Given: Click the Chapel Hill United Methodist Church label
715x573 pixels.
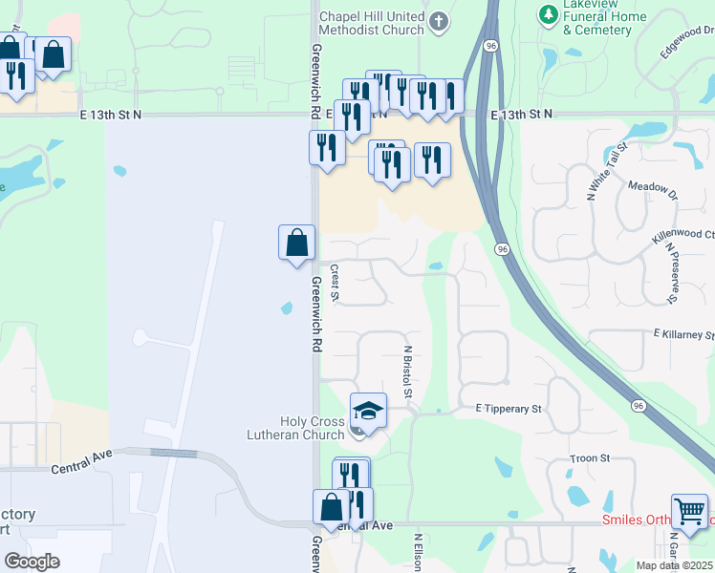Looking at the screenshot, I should [x=371, y=24].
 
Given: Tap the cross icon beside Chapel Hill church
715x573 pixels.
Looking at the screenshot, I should [x=439, y=21].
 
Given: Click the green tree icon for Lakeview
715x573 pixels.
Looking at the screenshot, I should [x=548, y=14].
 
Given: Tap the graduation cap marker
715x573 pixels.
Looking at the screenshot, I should [x=369, y=411].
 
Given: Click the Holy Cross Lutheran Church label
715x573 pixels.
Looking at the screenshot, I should [x=312, y=428].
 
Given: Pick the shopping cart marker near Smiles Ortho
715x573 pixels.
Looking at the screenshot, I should [x=689, y=511].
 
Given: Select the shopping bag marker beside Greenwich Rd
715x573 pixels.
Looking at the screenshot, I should [x=297, y=243].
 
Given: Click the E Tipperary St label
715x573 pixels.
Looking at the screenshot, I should [x=509, y=409].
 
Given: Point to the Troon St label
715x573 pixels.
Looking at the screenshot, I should [x=590, y=459].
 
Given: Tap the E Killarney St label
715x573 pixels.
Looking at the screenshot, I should [x=683, y=335].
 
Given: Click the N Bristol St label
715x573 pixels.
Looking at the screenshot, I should [x=408, y=372].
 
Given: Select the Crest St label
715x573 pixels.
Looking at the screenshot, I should [x=336, y=283].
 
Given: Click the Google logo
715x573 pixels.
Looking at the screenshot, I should [x=32, y=562].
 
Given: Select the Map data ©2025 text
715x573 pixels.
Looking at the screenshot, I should [x=675, y=565].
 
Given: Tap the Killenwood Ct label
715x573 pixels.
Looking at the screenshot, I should [x=683, y=234].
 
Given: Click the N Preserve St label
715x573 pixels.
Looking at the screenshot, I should [x=671, y=274].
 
